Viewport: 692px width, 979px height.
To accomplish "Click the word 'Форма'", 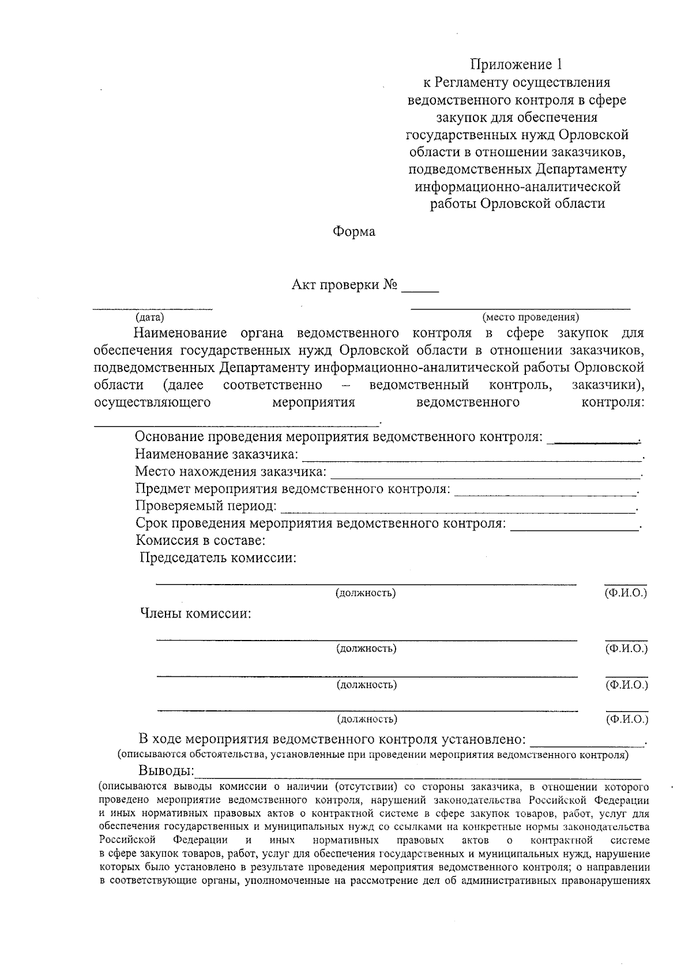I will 353,232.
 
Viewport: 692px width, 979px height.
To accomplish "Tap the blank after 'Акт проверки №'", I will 420,286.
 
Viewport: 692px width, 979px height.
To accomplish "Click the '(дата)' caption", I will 149,317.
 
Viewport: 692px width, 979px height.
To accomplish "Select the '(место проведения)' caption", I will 531,317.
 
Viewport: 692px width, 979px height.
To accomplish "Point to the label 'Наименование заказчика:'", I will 217,454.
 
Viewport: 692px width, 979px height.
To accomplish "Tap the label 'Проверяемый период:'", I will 206,506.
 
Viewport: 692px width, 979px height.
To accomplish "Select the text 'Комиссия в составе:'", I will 200,541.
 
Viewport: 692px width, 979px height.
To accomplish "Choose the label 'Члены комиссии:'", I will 196,613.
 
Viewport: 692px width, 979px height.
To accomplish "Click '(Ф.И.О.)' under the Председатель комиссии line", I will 626,593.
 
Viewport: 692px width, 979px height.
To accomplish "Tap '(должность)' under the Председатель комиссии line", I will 366,593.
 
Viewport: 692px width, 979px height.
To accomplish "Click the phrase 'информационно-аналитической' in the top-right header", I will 517,186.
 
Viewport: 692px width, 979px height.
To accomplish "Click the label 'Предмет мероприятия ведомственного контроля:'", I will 292,489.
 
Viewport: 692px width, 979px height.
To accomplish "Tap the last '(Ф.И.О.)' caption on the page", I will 627,719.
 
